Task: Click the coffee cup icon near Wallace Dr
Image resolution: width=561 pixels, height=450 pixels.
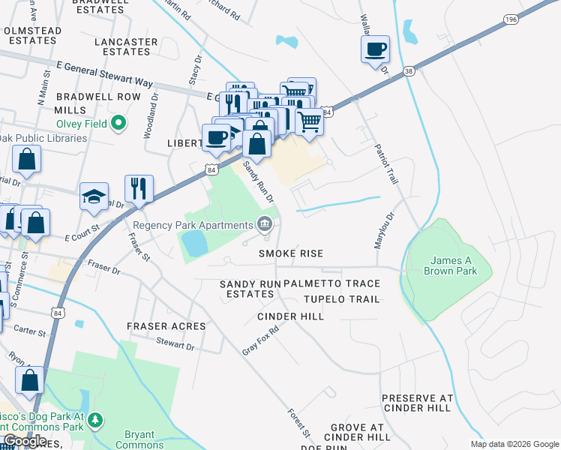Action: tap(375, 50)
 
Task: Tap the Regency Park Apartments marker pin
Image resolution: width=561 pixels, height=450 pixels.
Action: tap(265, 224)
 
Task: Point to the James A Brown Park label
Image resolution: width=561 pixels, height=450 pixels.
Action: tap(448, 266)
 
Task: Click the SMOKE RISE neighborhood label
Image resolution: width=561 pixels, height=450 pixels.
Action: tap(291, 253)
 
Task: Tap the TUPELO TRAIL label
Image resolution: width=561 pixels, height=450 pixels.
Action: tap(341, 299)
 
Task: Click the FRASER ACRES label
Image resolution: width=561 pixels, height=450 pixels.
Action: tap(166, 326)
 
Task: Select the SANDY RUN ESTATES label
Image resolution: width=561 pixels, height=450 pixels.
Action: tap(247, 289)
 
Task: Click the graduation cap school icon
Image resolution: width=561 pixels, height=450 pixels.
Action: tap(94, 196)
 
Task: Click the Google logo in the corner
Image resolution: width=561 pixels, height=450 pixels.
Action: tap(24, 441)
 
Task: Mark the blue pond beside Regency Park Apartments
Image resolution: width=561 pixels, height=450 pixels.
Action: tap(194, 243)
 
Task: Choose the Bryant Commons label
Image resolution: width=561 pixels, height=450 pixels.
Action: tap(139, 439)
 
